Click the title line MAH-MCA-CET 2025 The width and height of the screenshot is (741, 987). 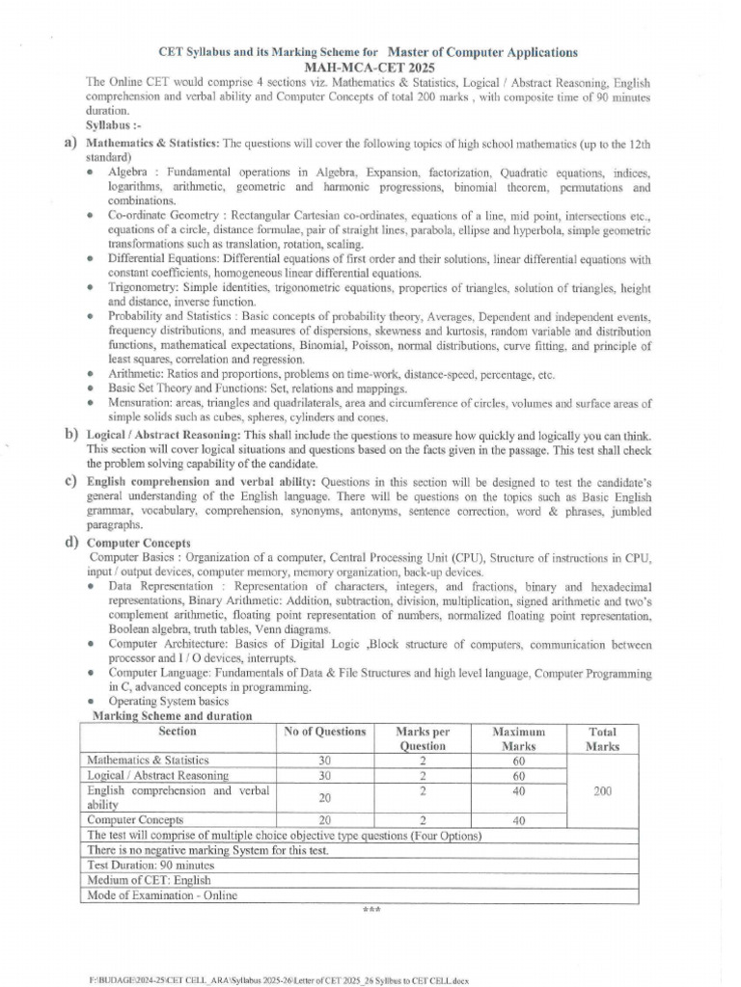click(370, 67)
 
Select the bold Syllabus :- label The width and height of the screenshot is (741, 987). click(113, 126)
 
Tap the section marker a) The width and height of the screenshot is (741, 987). click(69, 143)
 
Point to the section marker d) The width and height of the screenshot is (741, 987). click(69, 542)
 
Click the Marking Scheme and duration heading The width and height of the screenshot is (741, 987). click(172, 716)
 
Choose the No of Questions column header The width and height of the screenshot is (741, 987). click(325, 733)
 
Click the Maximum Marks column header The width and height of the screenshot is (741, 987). click(518, 738)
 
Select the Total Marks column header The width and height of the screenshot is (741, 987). click(603, 738)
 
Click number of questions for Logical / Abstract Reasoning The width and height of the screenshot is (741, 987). click(325, 775)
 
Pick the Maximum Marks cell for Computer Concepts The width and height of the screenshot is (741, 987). click(518, 821)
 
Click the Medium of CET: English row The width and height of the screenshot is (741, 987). click(149, 880)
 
